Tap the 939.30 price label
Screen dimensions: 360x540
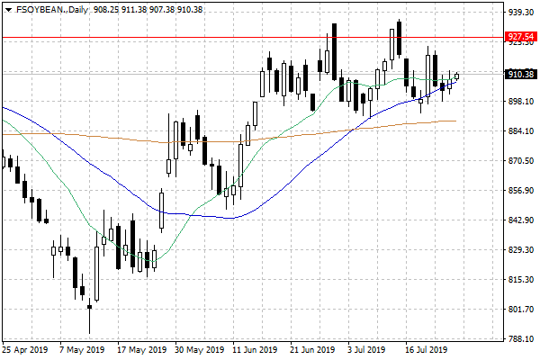[521, 13]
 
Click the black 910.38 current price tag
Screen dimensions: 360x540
[522, 74]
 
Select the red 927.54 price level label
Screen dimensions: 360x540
[522, 37]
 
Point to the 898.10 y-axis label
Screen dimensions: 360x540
[521, 102]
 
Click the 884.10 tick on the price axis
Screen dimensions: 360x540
[521, 131]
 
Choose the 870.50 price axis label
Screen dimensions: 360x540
[521, 161]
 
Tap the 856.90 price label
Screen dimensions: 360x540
[521, 191]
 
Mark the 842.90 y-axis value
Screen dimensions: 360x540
[521, 220]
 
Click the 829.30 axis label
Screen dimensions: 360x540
[521, 250]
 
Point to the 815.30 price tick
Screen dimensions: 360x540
[521, 280]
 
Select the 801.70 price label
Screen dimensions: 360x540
[521, 310]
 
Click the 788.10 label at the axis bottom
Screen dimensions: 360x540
[521, 339]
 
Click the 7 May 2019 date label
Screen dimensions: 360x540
[83, 349]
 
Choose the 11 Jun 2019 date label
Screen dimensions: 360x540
[255, 349]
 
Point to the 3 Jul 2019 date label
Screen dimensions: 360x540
[367, 349]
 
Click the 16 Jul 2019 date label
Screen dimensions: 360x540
[426, 349]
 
